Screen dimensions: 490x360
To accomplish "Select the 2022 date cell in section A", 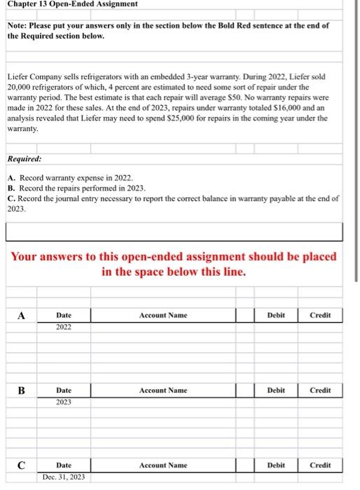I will [64, 327].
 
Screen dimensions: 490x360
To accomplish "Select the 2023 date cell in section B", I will [64, 402].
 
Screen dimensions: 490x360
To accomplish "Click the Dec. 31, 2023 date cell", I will [64, 477].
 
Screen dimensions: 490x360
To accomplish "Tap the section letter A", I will [22, 315].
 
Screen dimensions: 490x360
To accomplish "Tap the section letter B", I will [22, 390].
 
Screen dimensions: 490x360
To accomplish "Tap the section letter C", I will [22, 465].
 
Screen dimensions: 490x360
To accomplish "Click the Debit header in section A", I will [276, 315].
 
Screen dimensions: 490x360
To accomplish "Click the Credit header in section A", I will [320, 315].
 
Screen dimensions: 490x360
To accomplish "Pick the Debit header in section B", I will [276, 390].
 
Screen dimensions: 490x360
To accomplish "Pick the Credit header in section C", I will [320, 465].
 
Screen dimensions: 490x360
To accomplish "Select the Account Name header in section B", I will [162, 390].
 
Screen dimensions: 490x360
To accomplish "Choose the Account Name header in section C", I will [162, 465].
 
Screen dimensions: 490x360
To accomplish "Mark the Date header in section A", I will [64, 315].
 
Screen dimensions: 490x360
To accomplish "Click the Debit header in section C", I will [276, 465].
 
